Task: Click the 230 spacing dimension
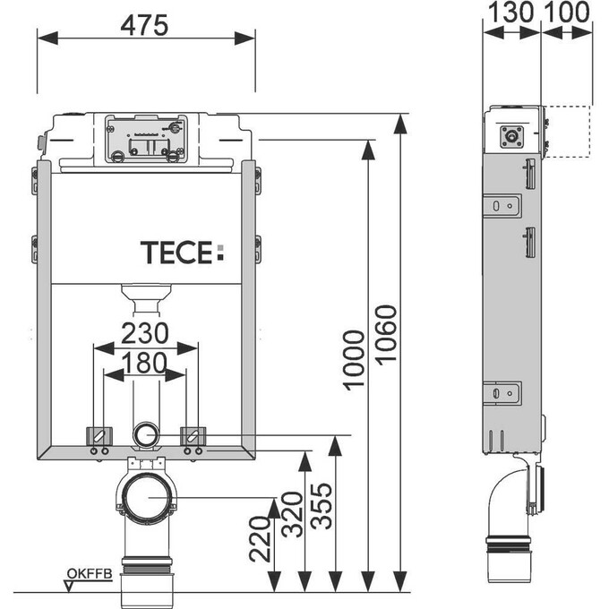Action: [x=146, y=333]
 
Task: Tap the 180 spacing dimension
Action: [x=146, y=364]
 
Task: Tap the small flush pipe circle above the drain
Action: [x=145, y=436]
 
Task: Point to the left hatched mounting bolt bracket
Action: [x=98, y=436]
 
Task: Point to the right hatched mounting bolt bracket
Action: [x=194, y=436]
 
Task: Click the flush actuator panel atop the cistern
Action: [x=145, y=139]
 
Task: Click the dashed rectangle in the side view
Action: [x=568, y=131]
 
